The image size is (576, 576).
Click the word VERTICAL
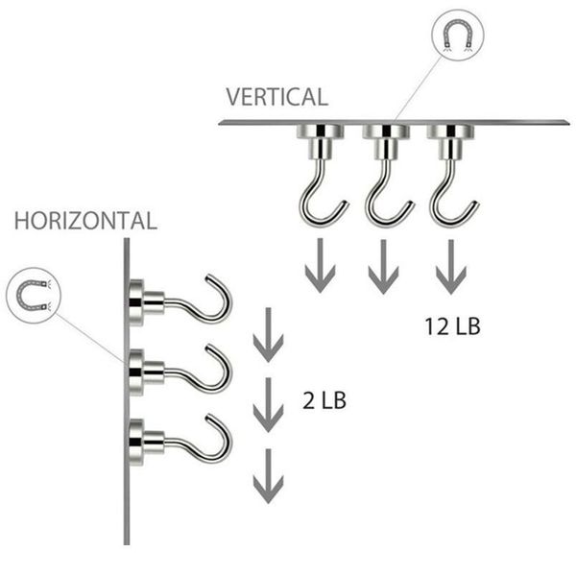pyautogui.click(x=277, y=97)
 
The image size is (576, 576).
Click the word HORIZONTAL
pyautogui.click(x=86, y=221)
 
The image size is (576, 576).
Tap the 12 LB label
pyautogui.click(x=452, y=326)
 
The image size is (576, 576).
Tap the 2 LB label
pyautogui.click(x=324, y=400)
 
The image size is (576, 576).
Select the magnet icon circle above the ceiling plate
pyautogui.click(x=457, y=35)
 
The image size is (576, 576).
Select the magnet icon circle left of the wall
pyautogui.click(x=34, y=296)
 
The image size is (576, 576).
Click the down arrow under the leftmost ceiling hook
pyautogui.click(x=321, y=265)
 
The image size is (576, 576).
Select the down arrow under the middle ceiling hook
pyautogui.click(x=383, y=267)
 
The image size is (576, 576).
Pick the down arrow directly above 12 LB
pyautogui.click(x=451, y=267)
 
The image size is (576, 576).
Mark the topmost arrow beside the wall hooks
pyautogui.click(x=268, y=335)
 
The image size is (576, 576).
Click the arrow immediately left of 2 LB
pyautogui.click(x=268, y=405)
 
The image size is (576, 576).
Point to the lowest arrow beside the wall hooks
pyautogui.click(x=268, y=476)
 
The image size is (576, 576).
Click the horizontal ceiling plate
pyautogui.click(x=395, y=123)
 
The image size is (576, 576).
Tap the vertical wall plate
pyautogui.click(x=127, y=392)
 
